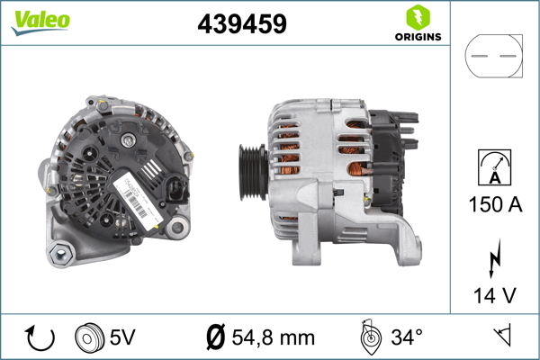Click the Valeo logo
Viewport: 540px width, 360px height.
tap(40, 22)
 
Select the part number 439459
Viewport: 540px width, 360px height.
tap(242, 23)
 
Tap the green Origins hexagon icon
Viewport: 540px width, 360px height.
tap(418, 18)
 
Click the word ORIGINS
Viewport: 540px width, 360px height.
tap(418, 37)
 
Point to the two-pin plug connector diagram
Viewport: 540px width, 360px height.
tap(493, 56)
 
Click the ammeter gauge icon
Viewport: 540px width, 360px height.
tap(494, 167)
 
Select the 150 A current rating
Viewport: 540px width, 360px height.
tap(495, 204)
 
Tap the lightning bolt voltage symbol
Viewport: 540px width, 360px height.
tap(494, 258)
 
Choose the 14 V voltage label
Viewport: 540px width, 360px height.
tap(495, 295)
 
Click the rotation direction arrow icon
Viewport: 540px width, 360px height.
tap(40, 337)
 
